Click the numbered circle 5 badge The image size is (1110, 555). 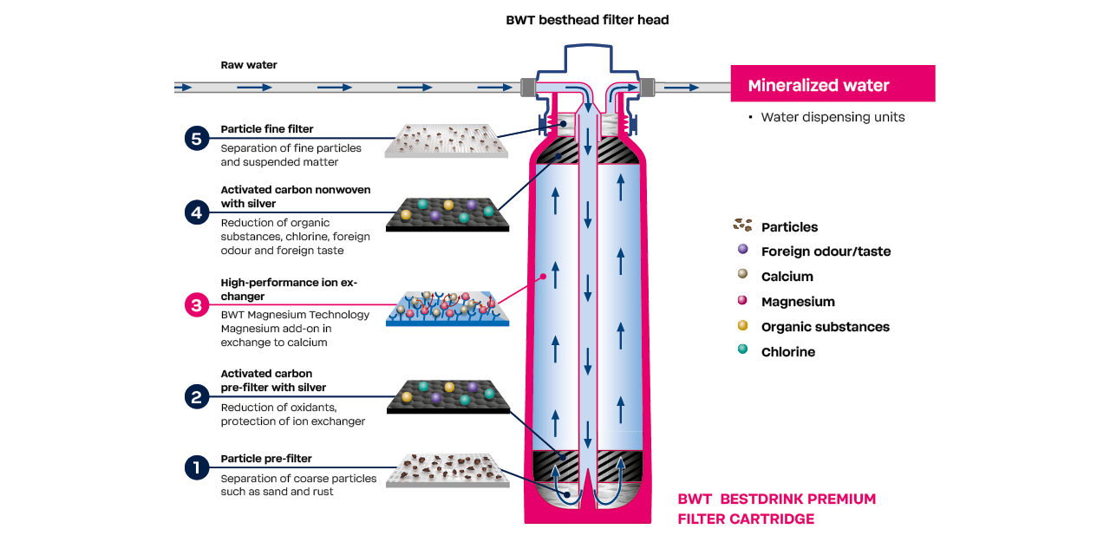pos(197,138)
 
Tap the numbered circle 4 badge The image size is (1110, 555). pos(197,212)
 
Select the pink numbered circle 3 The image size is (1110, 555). pos(197,305)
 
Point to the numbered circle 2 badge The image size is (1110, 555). pos(197,397)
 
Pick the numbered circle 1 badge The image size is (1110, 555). pos(197,468)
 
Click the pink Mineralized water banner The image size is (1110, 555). pos(832,84)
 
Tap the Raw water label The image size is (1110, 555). pos(249,65)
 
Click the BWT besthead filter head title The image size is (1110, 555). pos(587,20)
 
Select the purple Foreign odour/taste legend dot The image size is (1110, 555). pos(742,251)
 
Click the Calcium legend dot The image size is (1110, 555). pos(742,276)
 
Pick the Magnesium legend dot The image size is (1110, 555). pos(742,301)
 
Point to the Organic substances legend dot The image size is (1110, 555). pos(742,326)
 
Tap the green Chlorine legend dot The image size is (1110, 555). pos(742,351)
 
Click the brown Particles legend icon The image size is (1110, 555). pos(742,225)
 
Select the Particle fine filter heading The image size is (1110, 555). pos(267,129)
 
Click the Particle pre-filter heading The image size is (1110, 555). pos(266,459)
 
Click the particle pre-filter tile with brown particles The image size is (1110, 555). pos(447,468)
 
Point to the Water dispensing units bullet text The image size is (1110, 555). pos(832,117)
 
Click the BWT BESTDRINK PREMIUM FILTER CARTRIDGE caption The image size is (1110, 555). pos(776,509)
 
